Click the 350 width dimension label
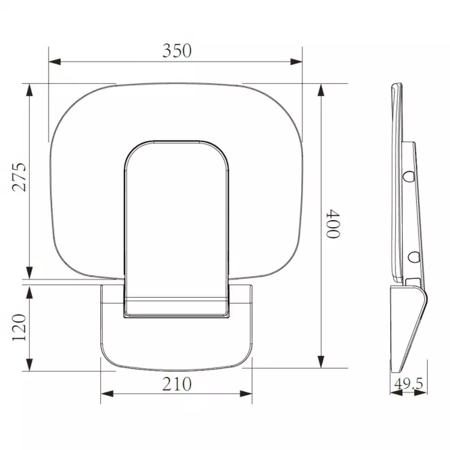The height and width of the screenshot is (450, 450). point(177,51)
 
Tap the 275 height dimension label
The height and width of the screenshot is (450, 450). point(19,177)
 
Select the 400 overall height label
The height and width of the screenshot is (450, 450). point(333,224)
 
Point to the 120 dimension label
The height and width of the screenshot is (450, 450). point(19,328)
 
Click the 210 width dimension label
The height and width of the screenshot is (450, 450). point(177,384)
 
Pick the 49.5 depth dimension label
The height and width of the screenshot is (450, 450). point(409,384)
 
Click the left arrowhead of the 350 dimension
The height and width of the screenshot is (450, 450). point(55,62)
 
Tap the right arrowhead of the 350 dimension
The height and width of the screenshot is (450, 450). point(296,62)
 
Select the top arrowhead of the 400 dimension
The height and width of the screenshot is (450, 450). point(321,90)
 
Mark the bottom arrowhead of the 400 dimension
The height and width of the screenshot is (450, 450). point(321,362)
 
